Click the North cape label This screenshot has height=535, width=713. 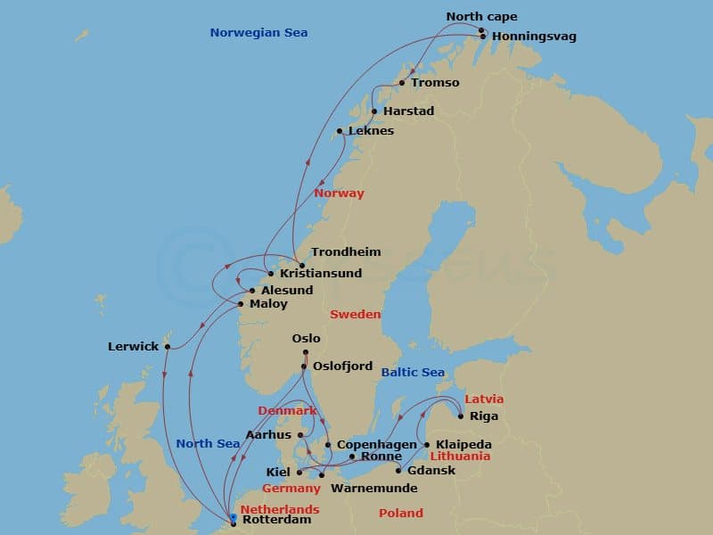tap(481, 17)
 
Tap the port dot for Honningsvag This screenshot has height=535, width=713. tap(482, 37)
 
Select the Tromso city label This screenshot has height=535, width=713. tap(435, 83)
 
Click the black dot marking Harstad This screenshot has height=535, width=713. tap(374, 111)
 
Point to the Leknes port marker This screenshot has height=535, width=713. tap(340, 131)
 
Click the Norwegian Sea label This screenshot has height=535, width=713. tap(258, 33)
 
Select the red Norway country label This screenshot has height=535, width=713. tap(339, 193)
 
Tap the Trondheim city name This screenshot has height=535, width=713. tap(346, 252)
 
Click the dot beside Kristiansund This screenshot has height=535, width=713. tap(271, 273)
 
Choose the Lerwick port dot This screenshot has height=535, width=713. tap(167, 348)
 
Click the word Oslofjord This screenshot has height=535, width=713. tap(342, 366)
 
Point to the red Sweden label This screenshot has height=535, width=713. tap(355, 315)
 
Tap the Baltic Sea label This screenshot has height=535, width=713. tap(413, 373)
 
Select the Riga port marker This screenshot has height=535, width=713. tap(460, 416)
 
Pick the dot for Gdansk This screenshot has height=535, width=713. tap(398, 471)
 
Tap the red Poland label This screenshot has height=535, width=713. tap(400, 514)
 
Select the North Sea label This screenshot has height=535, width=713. tap(208, 444)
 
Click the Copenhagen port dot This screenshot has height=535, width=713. tap(328, 444)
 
